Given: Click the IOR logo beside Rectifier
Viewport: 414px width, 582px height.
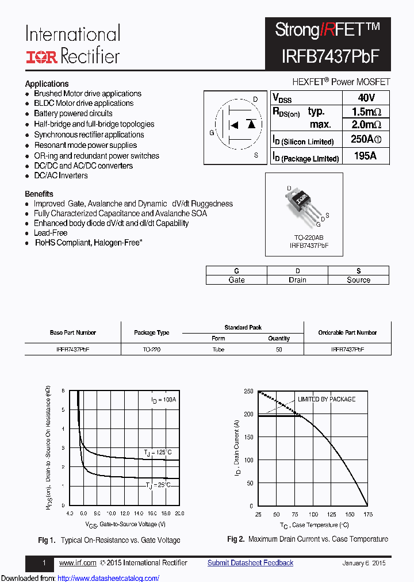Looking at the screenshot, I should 41,56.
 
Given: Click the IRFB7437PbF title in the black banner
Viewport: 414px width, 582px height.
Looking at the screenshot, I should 330,55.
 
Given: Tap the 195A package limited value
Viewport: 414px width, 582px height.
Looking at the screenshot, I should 365,156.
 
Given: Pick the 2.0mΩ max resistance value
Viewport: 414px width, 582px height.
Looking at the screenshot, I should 366,125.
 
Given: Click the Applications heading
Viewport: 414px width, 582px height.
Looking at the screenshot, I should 47,83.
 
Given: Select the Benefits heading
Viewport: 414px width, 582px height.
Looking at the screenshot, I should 39,194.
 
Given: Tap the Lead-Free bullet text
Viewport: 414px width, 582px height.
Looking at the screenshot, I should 51,233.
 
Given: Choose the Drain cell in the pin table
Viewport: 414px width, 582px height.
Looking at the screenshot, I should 297,280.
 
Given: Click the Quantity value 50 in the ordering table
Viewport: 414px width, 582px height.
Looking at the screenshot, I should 279,349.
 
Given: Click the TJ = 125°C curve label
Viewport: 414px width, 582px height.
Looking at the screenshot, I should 158,453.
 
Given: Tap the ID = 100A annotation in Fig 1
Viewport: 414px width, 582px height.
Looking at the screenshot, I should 164,400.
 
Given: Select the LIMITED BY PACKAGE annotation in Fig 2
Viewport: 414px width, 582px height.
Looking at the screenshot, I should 326,399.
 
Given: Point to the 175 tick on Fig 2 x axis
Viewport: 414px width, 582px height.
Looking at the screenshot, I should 368,514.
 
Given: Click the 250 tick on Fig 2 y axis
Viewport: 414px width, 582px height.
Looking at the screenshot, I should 248,391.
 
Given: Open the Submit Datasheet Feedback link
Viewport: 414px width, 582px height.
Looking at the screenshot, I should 250,563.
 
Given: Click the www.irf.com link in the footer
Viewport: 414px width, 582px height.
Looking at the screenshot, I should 78,563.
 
